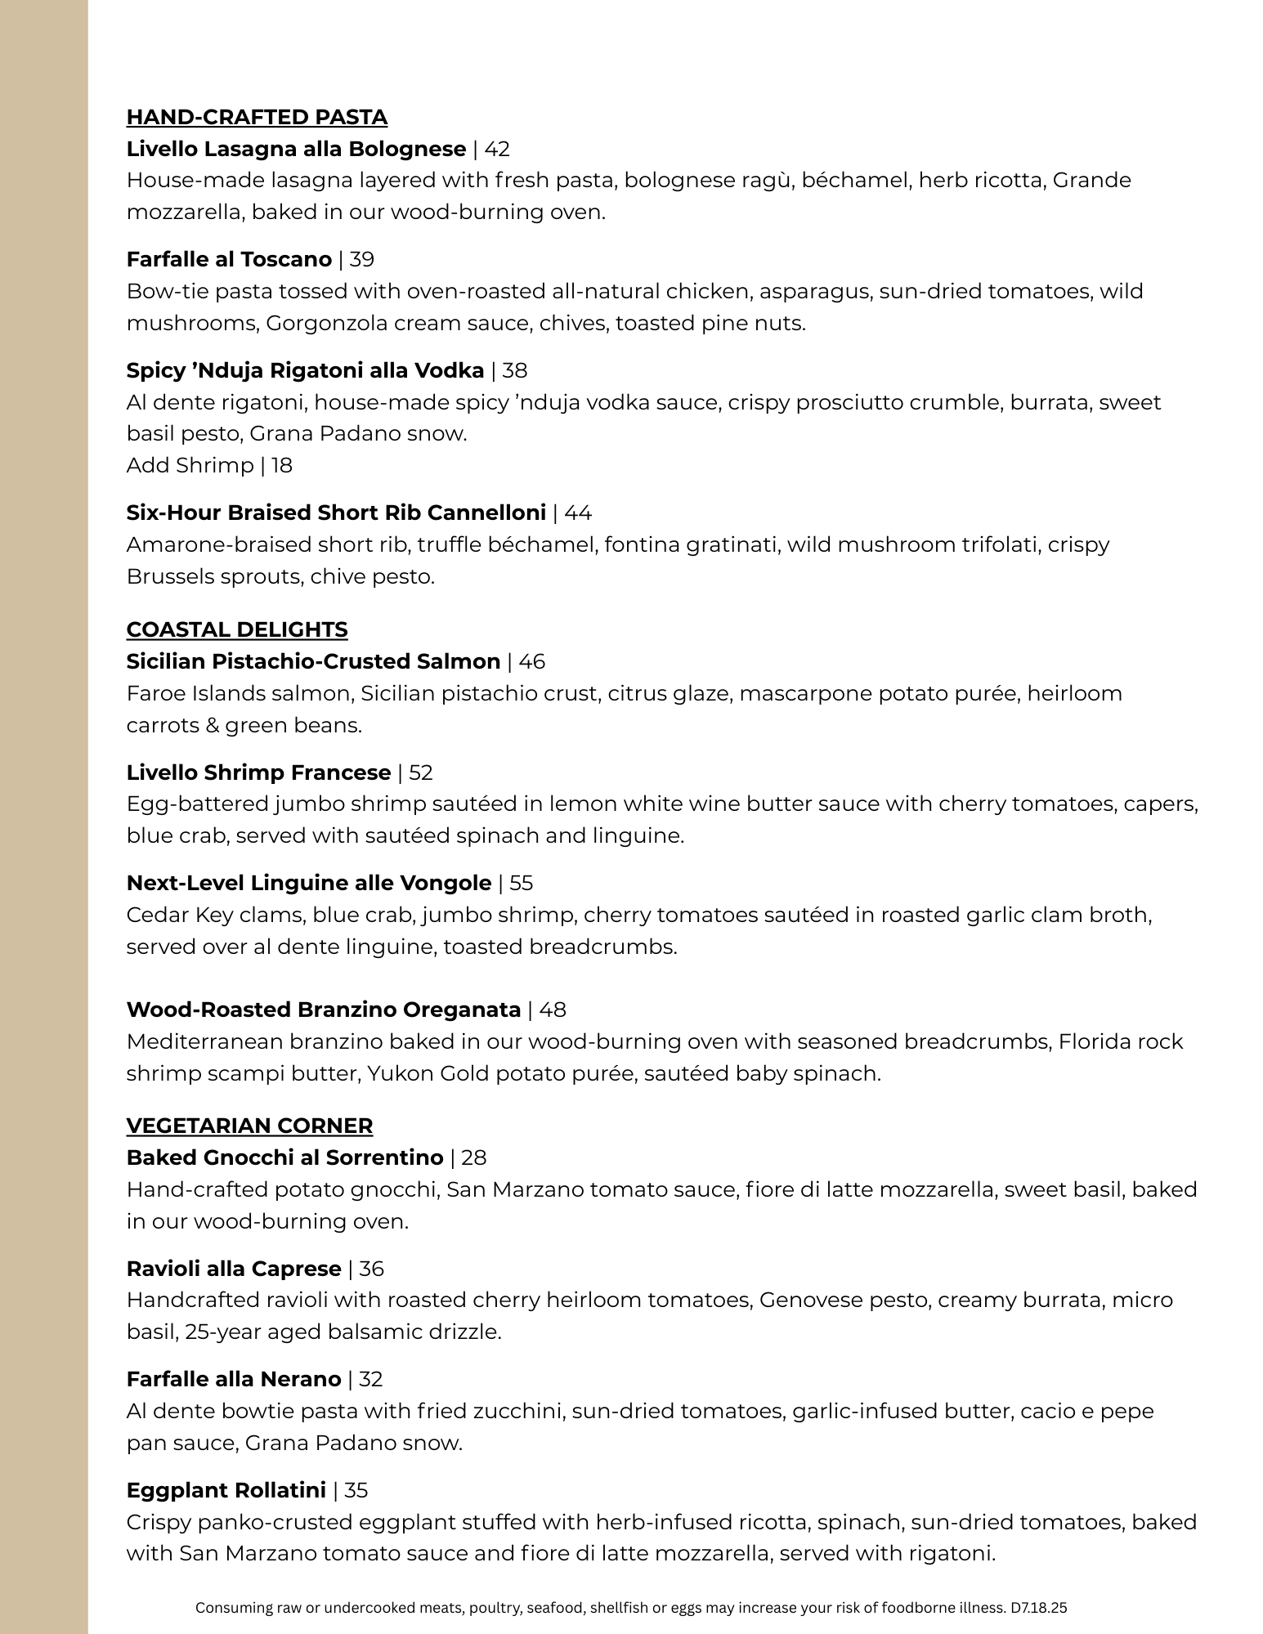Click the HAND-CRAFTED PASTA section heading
pyautogui.click(x=257, y=118)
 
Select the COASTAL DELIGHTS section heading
pyautogui.click(x=237, y=629)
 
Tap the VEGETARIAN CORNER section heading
pyautogui.click(x=249, y=1126)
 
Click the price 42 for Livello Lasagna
pyautogui.click(x=497, y=149)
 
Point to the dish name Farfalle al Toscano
pyautogui.click(x=229, y=260)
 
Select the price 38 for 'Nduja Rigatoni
pyautogui.click(x=515, y=371)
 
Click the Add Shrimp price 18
pyautogui.click(x=282, y=466)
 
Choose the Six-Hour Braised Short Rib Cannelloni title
pyautogui.click(x=336, y=513)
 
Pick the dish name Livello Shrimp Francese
pyautogui.click(x=258, y=772)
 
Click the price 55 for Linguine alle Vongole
pyautogui.click(x=521, y=883)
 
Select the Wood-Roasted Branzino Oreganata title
pyautogui.click(x=324, y=1009)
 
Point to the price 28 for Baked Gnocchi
pyautogui.click(x=473, y=1157)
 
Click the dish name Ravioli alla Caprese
pyautogui.click(x=234, y=1269)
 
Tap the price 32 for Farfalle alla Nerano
pyautogui.click(x=370, y=1379)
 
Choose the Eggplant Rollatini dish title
pyautogui.click(x=226, y=1490)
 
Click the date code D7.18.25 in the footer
pyautogui.click(x=1039, y=1608)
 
